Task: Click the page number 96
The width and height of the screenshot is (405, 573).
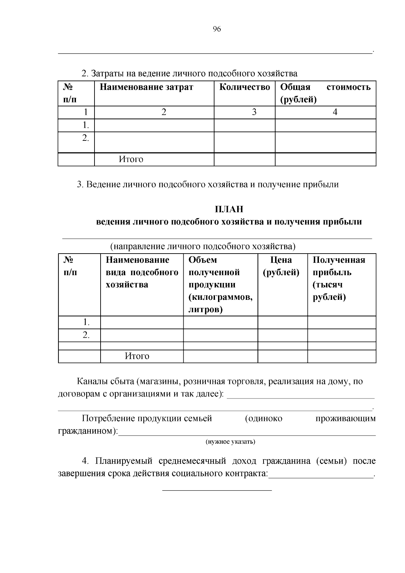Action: coord(217,29)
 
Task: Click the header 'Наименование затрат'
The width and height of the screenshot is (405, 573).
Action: coord(146,87)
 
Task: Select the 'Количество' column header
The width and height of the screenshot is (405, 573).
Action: coord(245,87)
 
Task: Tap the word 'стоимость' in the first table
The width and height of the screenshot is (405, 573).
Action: coord(349,87)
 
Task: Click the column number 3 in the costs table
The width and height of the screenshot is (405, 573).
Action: coord(254,112)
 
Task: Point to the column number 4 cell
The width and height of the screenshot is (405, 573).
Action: coord(335,112)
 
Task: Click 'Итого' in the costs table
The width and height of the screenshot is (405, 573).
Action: coord(131,159)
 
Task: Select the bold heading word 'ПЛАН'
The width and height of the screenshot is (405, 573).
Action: coord(229,209)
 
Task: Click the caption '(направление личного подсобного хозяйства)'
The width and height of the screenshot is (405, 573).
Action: coord(203,246)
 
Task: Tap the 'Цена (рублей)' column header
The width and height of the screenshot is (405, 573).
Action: coord(281,266)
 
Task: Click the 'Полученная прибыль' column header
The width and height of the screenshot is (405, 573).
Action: coord(339,266)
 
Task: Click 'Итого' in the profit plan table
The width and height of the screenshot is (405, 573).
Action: coord(137,356)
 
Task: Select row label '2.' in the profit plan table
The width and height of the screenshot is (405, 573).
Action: coord(86,335)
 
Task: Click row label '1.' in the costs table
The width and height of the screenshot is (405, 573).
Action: coord(86,126)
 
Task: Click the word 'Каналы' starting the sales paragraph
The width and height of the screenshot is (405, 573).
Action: coord(92,382)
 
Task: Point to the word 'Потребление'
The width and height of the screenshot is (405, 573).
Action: coord(108,419)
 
